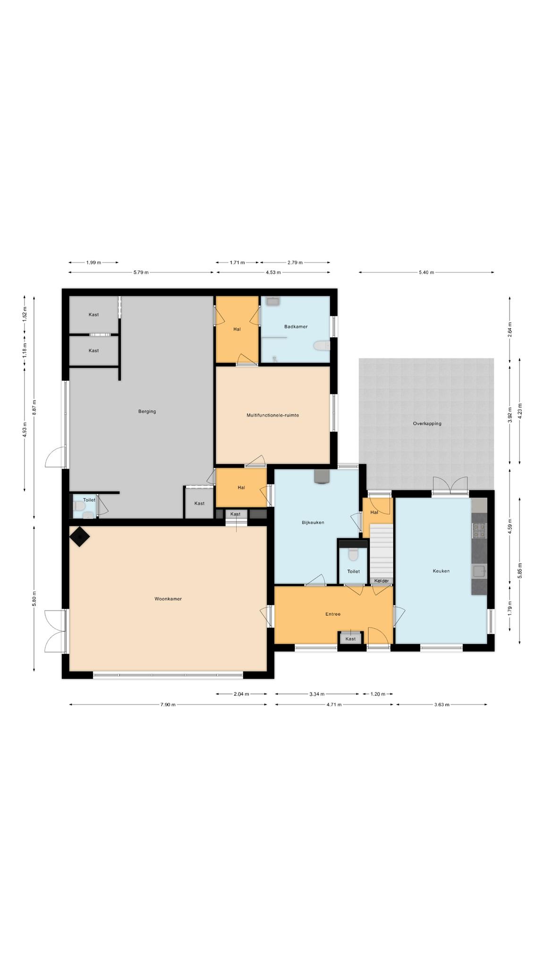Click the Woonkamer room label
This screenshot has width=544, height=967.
pos(168,599)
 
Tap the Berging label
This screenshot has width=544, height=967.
pos(147,411)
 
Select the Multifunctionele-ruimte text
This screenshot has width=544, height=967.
pos(272,415)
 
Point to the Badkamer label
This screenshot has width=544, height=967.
pos(296,326)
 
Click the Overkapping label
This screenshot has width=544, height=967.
pos(427,424)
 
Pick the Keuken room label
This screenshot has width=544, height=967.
pos(441,571)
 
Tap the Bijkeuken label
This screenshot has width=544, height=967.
pos(313,523)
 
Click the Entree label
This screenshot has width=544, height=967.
pos(333,614)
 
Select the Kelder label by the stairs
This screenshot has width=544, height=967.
pos(382,581)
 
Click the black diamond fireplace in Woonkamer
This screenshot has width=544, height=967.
pos(80,537)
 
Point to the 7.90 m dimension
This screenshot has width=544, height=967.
pos(168,704)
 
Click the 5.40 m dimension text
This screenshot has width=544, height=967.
pos(426,272)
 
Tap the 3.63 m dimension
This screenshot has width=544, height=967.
pos(442,704)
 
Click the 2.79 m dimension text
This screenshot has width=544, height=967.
pos(295,262)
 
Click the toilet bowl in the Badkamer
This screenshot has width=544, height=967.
pos(322,347)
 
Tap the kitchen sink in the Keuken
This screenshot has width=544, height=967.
pos(479,572)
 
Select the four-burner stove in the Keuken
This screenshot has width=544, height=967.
pos(479,531)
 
